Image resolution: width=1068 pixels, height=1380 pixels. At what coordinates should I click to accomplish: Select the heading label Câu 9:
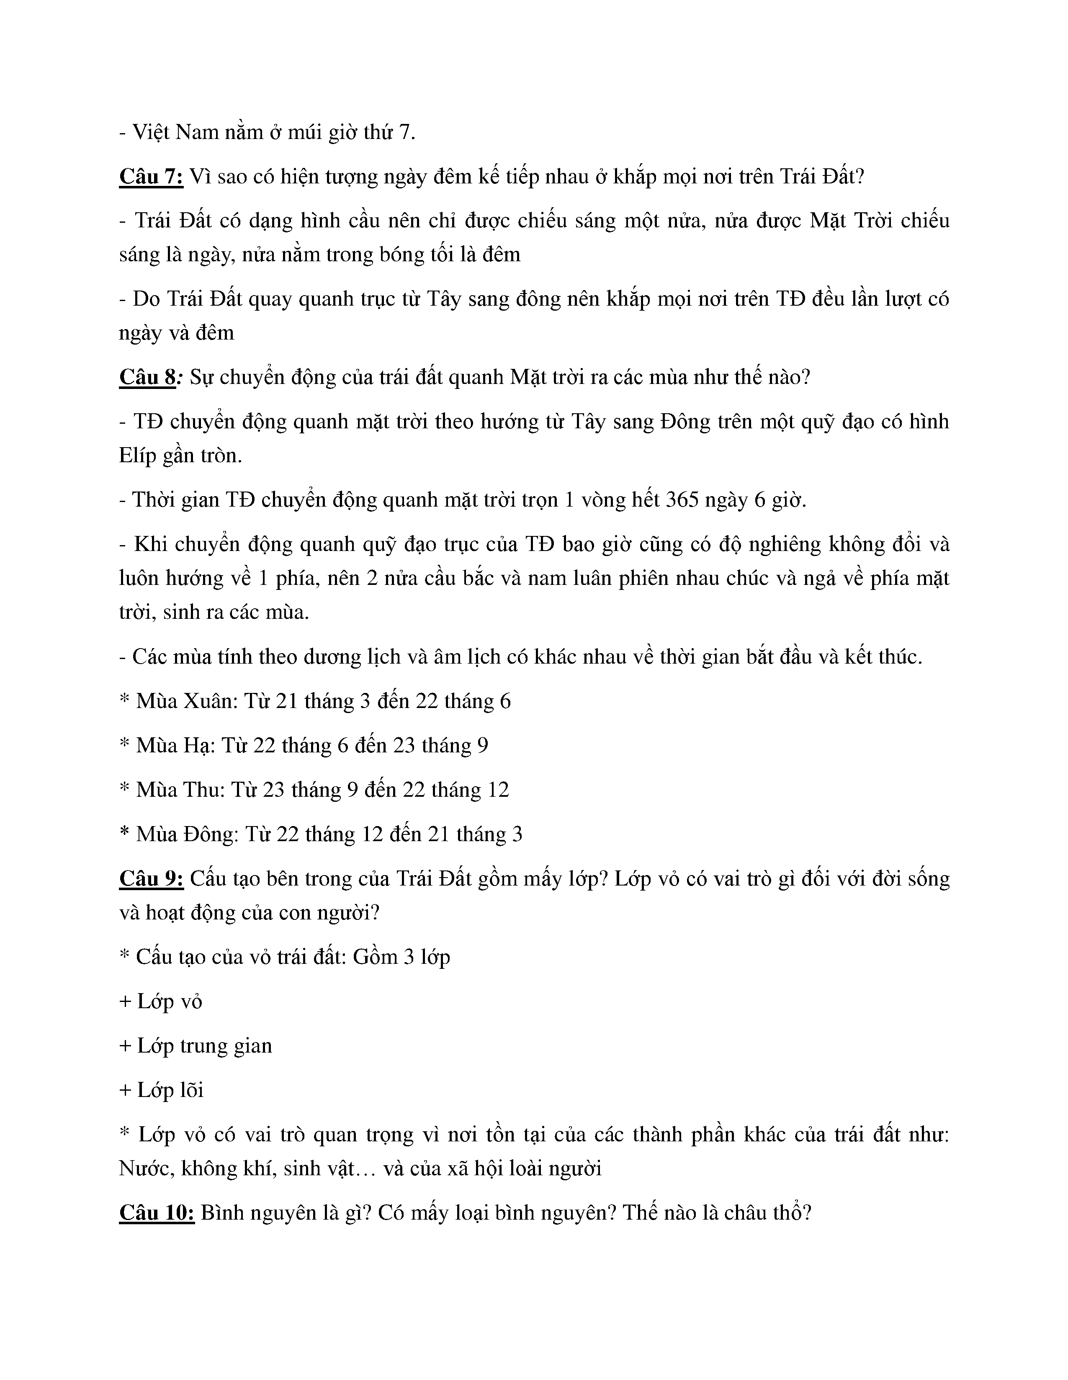coord(151,879)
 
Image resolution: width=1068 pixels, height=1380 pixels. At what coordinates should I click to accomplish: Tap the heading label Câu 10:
coord(157,1213)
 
